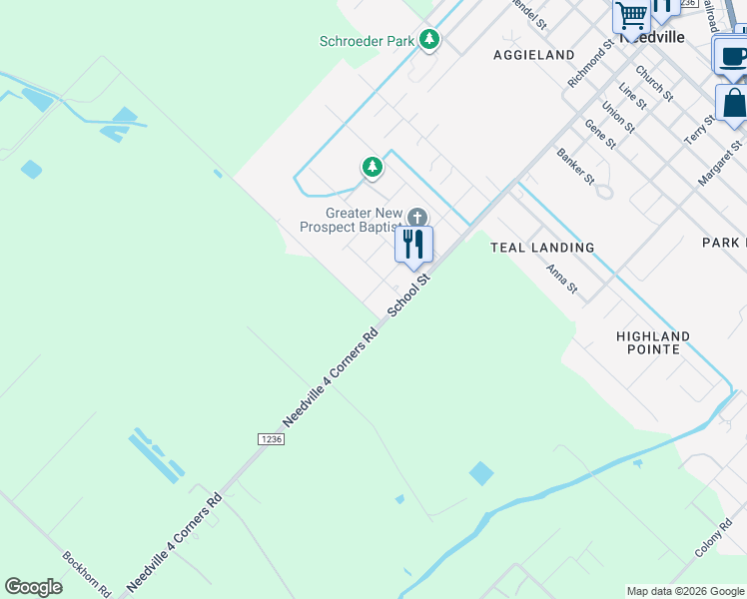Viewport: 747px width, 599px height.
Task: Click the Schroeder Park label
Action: point(367,41)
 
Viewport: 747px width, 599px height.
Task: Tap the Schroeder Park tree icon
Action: point(429,40)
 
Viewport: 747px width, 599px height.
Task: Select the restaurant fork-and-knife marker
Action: point(413,244)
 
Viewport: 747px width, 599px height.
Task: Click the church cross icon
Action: point(417,218)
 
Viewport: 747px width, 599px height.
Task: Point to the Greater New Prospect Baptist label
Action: point(350,221)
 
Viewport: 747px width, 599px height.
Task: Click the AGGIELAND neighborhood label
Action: point(533,55)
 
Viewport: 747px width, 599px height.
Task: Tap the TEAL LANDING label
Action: point(542,247)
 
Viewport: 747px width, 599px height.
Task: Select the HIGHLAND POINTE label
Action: point(653,342)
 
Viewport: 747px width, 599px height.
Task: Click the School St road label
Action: point(407,297)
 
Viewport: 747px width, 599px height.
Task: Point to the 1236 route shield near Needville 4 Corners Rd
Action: point(271,439)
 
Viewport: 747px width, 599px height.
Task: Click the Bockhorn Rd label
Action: point(86,574)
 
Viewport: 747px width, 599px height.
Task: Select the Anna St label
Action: point(561,279)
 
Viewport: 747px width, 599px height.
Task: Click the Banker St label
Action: point(575,167)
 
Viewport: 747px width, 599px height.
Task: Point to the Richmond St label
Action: point(589,65)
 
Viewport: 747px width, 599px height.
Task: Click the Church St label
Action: point(654,84)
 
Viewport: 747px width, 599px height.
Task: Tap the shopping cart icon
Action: point(631,15)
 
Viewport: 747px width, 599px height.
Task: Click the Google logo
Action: point(34,587)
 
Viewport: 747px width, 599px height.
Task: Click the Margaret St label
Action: point(720,161)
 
